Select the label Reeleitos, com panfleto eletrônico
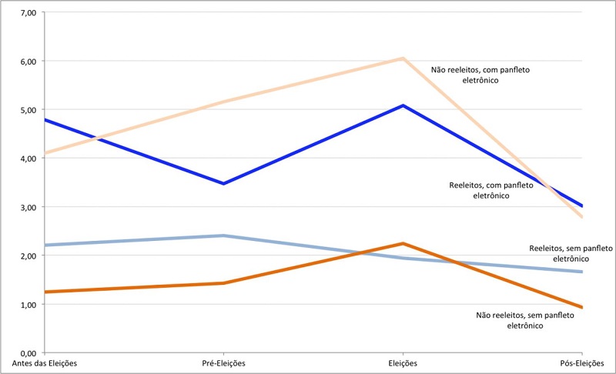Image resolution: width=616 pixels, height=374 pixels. [490, 190]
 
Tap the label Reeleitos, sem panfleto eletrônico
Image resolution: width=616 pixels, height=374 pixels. [571, 253]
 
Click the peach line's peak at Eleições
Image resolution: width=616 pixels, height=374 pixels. [403, 58]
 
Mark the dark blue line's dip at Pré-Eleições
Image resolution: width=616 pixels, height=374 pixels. [223, 184]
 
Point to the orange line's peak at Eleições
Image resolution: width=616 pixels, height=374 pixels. [403, 243]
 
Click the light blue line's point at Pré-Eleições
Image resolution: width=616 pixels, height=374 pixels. [223, 235]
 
